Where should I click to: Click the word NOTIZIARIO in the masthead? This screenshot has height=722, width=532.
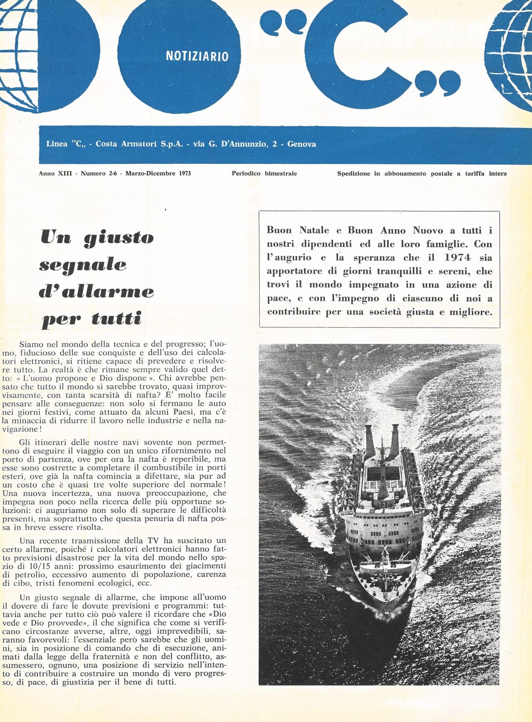(197, 56)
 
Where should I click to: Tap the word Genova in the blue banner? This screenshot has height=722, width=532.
(301, 144)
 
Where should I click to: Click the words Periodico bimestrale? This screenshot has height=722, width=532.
(264, 174)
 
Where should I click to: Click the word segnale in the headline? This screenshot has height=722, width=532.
(83, 265)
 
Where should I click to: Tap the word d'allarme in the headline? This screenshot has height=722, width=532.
(96, 291)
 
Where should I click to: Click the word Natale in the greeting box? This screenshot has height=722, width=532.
(314, 230)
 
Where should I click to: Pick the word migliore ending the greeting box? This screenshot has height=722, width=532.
(471, 312)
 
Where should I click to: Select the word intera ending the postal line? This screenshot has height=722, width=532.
(498, 174)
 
